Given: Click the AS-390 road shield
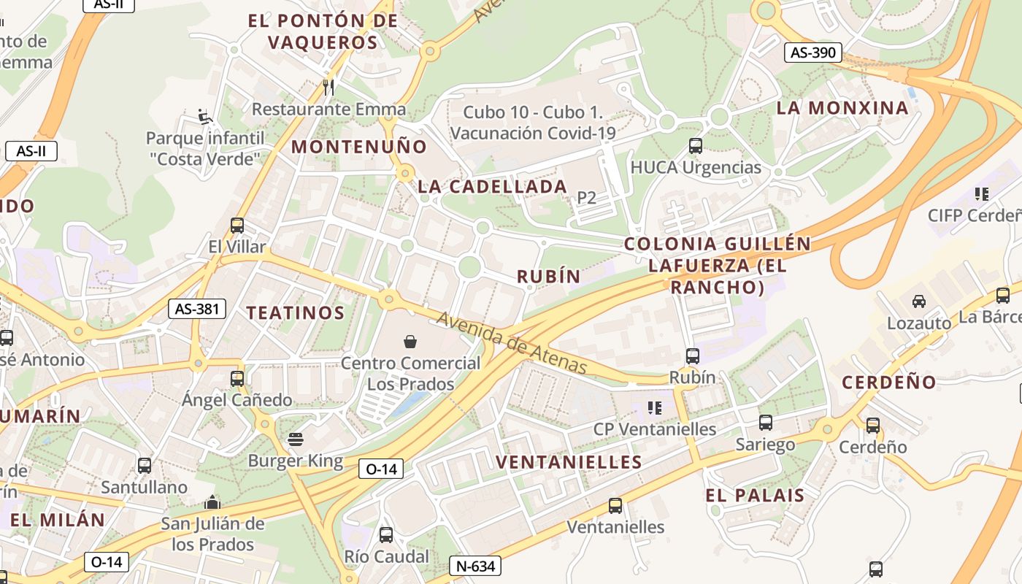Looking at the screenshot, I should coord(813,53).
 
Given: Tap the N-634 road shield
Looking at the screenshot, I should coord(474,566).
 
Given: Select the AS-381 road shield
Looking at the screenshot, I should coord(196,309).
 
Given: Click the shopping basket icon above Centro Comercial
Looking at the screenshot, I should coord(410,341).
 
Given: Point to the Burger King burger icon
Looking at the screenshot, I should coord(296,439).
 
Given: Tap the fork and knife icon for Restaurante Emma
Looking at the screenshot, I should coord(328,88).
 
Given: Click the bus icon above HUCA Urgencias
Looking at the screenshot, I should coord(695,146).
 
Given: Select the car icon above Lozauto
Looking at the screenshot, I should coord(918,301).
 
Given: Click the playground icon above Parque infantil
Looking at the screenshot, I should coord(205,117).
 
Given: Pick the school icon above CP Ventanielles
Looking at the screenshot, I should coord(654,407).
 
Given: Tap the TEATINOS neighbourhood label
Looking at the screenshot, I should coord(295,313).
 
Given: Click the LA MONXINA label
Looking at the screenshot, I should coord(842,108).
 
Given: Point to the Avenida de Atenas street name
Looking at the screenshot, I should coord(512,342).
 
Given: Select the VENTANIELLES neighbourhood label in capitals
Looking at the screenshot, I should coord(569,462).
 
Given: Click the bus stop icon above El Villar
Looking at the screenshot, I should coord(237,226).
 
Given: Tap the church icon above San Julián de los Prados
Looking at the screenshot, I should coord(212,502).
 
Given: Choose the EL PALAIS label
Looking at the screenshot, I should coord(755,495).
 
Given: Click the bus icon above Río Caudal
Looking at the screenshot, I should coord(386,535).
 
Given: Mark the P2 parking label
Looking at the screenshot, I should coord(586,197).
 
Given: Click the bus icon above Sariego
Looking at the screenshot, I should coord(765,423).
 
